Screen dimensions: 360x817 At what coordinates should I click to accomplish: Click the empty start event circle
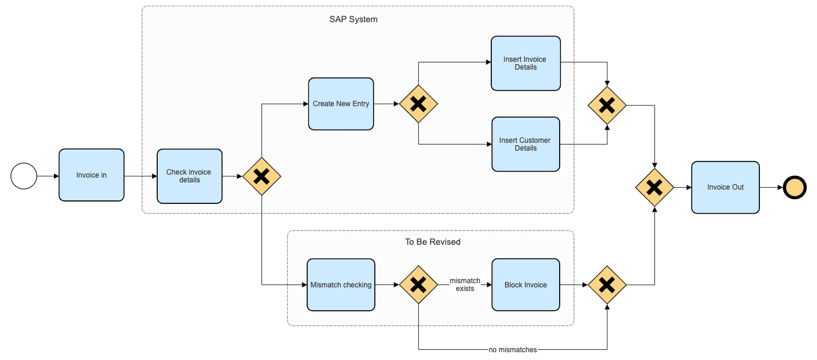tap(24, 176)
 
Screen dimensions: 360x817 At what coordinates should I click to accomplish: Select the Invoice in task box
tap(92, 175)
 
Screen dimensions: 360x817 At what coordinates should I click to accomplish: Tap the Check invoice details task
tap(189, 176)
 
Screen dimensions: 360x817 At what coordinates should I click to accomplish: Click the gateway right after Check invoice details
tap(262, 176)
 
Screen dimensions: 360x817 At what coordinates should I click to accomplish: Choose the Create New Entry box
tap(341, 104)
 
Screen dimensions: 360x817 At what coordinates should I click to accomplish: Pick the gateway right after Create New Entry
tap(418, 104)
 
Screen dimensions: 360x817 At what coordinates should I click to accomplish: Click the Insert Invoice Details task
tap(525, 64)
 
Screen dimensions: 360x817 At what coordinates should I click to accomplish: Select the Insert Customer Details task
tap(525, 144)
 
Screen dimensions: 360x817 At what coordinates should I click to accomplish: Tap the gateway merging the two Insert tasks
tap(607, 106)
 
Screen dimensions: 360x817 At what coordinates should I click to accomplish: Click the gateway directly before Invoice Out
tap(654, 188)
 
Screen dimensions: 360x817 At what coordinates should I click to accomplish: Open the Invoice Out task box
tap(725, 187)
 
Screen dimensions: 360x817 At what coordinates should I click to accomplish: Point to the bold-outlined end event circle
tap(795, 188)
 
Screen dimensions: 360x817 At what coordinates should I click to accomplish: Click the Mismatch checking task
tap(341, 285)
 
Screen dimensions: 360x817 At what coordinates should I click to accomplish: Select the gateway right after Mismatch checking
tap(418, 285)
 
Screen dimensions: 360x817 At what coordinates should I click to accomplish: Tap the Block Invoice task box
tap(525, 285)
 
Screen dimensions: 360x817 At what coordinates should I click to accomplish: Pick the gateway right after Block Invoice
tap(607, 285)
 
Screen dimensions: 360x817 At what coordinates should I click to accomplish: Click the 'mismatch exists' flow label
tap(465, 284)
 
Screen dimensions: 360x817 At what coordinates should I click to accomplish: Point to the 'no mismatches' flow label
tap(512, 350)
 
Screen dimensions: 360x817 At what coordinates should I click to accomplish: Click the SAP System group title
tap(353, 19)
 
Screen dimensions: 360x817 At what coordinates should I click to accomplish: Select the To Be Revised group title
tap(432, 242)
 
